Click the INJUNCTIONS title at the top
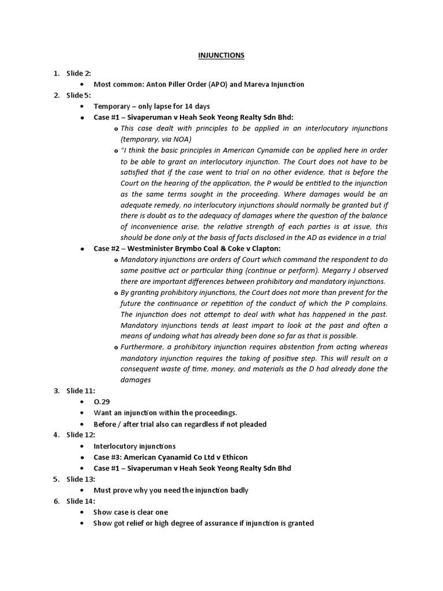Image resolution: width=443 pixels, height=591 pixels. tap(221, 55)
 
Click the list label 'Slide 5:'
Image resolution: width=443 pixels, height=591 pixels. tap(78, 95)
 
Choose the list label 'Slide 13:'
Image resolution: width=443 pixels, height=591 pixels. tap(81, 479)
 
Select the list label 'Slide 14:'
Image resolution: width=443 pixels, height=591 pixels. tap(81, 501)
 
